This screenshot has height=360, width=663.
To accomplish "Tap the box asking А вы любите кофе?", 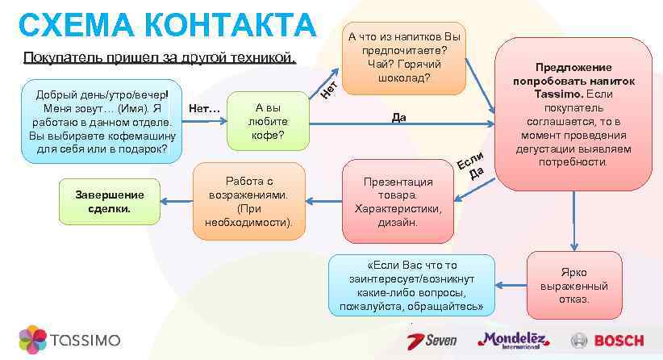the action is [269, 122].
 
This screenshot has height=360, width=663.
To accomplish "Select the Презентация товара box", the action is [397, 201].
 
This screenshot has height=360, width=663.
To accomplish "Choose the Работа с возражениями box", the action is [249, 201].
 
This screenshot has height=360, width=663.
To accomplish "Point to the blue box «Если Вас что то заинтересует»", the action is [411, 286].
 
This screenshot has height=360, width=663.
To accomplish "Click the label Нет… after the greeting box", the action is [202, 109].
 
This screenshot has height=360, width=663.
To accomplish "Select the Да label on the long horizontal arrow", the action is [398, 118].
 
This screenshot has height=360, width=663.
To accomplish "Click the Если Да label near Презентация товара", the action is [471, 164].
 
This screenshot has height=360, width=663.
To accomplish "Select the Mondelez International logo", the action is [513, 340].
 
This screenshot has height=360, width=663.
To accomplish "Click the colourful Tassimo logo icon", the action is [32, 339].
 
